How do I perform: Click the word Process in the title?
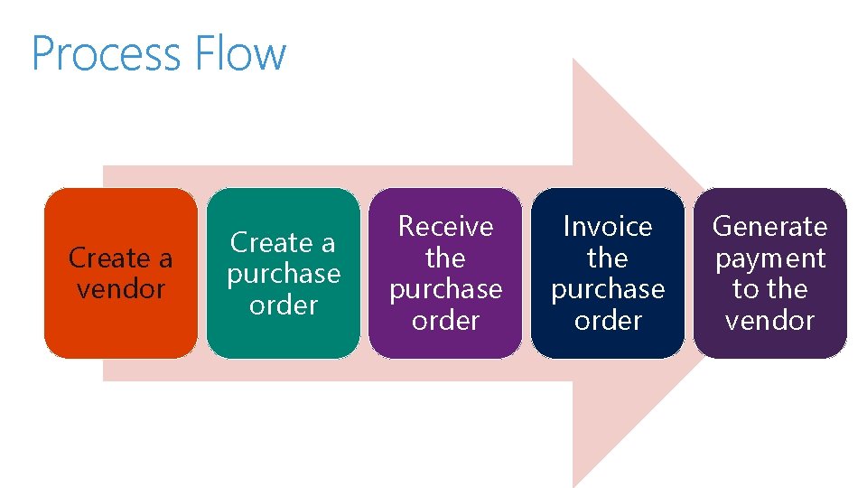click(95, 54)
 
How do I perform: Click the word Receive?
click(445, 226)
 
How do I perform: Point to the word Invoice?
click(608, 226)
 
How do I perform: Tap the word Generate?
click(770, 226)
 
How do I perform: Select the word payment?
click(770, 258)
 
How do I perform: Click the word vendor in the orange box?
click(120, 289)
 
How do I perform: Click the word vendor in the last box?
click(770, 321)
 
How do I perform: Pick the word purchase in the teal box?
click(283, 274)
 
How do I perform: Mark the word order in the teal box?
click(283, 305)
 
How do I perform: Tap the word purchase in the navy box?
click(608, 289)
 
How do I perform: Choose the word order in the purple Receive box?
click(445, 321)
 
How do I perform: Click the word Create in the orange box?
click(102, 258)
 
